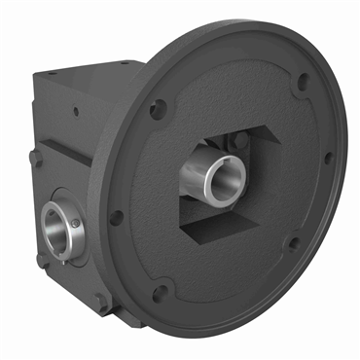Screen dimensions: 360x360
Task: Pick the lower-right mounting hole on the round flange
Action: [x=292, y=242]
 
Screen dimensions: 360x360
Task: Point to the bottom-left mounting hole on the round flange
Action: [x=159, y=289]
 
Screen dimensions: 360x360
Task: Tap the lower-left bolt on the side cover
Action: [x=41, y=260]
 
